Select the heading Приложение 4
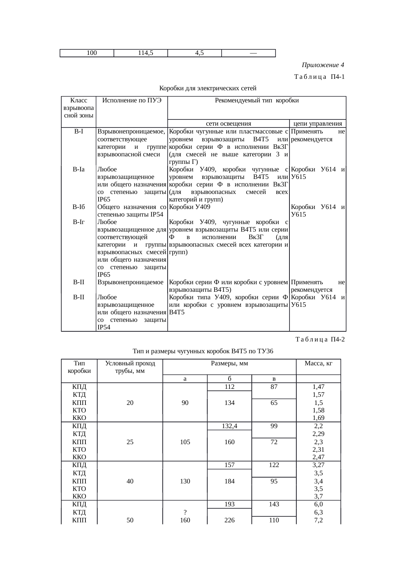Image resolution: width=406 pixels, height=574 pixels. pyautogui.click(x=323, y=65)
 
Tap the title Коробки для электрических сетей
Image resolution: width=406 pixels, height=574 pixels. pyautogui.click(x=208, y=88)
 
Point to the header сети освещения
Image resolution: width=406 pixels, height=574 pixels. pyautogui.click(x=229, y=124)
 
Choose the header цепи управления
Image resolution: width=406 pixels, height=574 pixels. pyautogui.click(x=318, y=124)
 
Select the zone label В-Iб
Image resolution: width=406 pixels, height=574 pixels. pyautogui.click(x=79, y=207)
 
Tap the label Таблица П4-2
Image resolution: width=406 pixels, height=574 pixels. pyautogui.click(x=320, y=339)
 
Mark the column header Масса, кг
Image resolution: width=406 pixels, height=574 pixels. pyautogui.click(x=318, y=363)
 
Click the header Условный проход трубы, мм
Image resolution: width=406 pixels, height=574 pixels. pyautogui.click(x=130, y=367)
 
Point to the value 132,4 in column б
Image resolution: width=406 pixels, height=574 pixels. pyautogui.click(x=230, y=426)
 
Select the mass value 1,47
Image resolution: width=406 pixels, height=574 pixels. pyautogui.click(x=318, y=387)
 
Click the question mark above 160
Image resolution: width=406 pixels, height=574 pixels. pyautogui.click(x=185, y=512)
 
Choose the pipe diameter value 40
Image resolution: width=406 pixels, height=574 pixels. pyautogui.click(x=130, y=481)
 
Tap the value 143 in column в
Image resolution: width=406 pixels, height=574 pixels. pyautogui.click(x=274, y=504)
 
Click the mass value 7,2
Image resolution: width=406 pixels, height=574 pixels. pyautogui.click(x=318, y=520)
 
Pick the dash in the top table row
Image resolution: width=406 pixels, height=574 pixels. pyautogui.click(x=249, y=53)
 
